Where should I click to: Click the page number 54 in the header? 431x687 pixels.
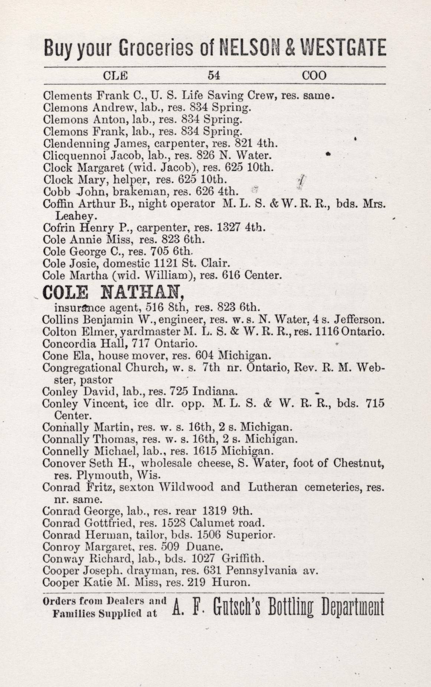[x=214, y=76]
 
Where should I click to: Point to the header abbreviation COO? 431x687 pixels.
[x=314, y=76]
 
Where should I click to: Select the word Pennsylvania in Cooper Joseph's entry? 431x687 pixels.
[x=261, y=571]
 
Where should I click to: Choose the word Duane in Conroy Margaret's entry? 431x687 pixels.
[x=204, y=547]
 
